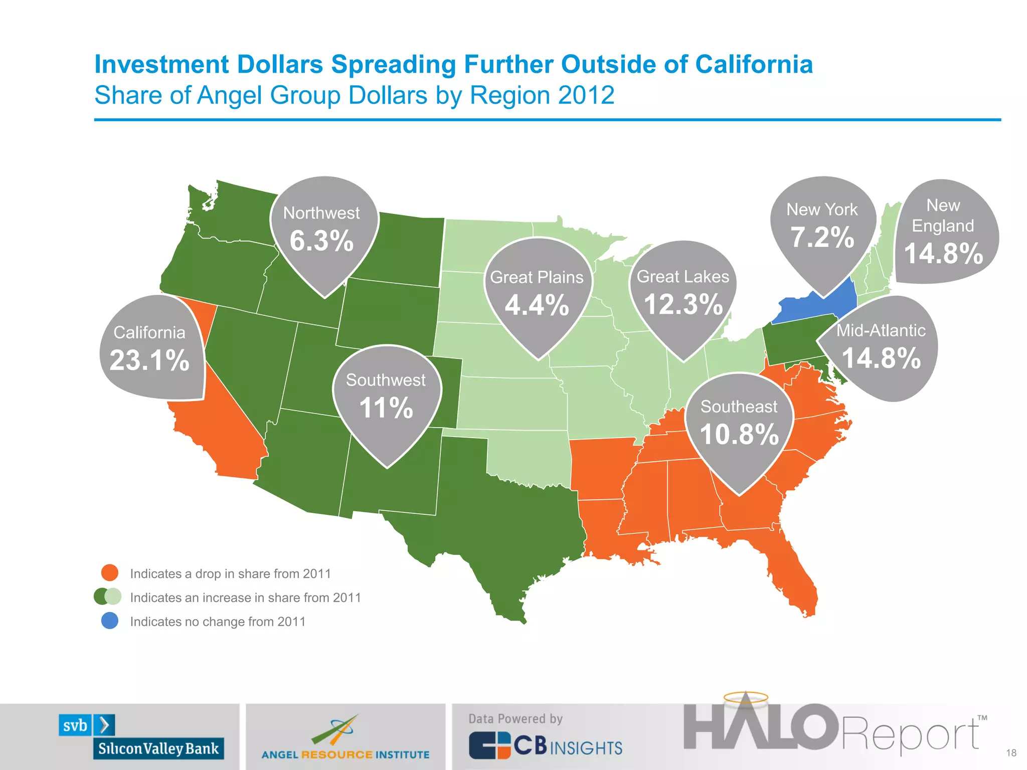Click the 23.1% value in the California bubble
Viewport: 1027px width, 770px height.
click(149, 360)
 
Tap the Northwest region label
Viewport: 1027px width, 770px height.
click(321, 213)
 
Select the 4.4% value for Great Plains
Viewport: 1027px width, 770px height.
click(537, 305)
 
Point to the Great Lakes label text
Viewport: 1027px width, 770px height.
click(682, 277)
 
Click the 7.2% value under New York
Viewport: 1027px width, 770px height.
click(822, 237)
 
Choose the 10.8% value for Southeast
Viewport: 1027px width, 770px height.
click(739, 434)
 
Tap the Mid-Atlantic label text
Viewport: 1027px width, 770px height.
click(881, 330)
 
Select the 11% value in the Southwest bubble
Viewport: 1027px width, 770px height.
click(386, 408)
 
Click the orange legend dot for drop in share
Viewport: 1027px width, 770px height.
click(110, 572)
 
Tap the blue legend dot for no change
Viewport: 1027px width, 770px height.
click(110, 621)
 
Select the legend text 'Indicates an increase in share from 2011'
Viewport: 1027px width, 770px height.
click(245, 598)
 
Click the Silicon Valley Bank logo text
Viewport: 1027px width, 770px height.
click(158, 748)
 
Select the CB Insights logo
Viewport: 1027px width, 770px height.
click(546, 746)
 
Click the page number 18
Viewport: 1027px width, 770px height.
click(1011, 753)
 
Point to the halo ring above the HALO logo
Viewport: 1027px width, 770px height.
click(746, 697)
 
